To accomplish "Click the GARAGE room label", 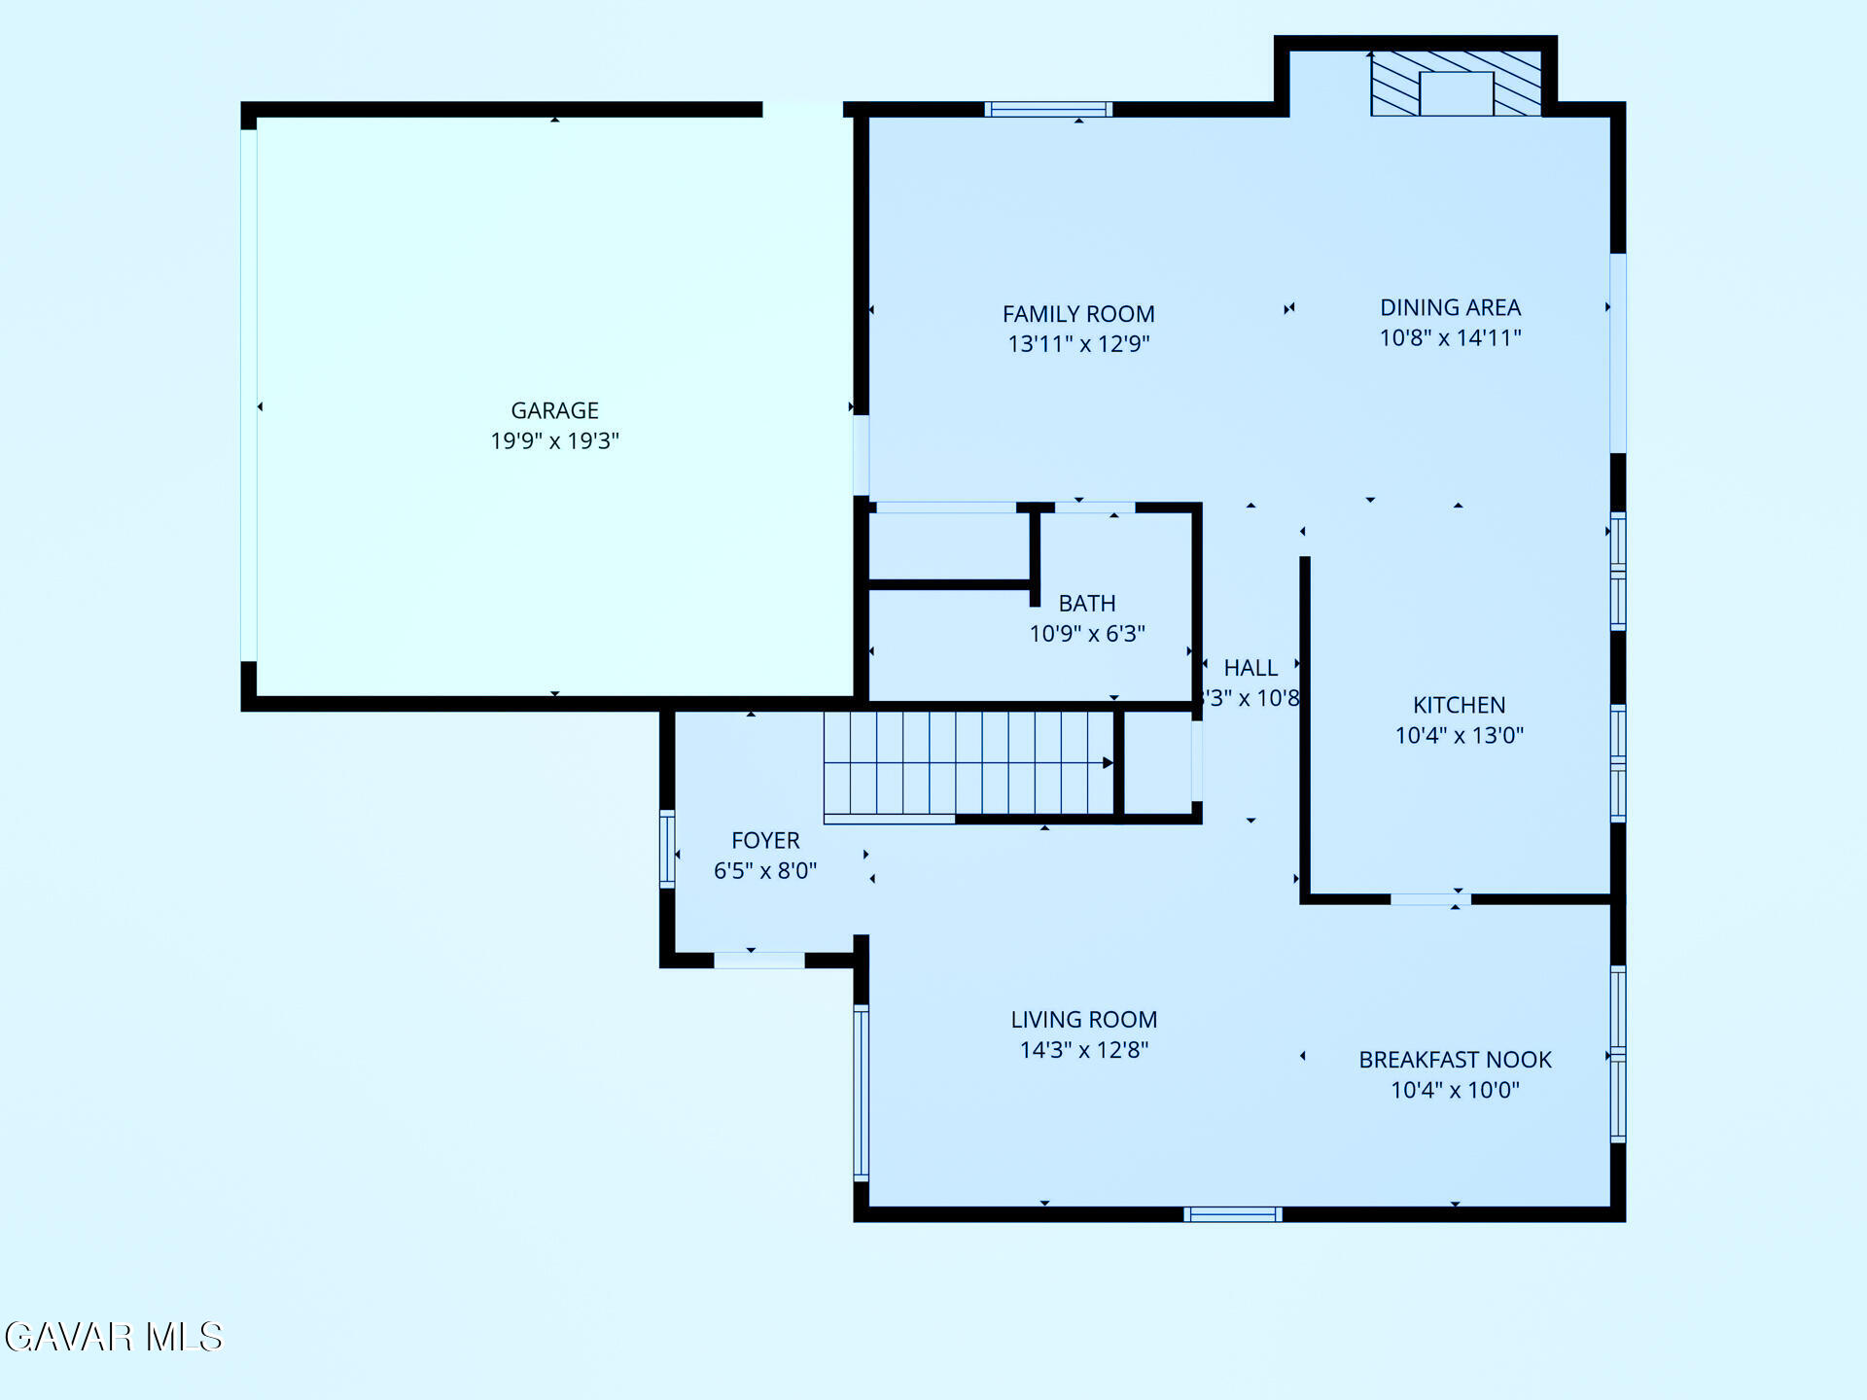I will click(554, 410).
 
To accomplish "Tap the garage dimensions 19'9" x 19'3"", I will click(554, 441).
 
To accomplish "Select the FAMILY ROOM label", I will click(1078, 314).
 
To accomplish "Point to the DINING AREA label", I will click(1450, 307).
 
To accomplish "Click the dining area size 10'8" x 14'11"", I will click(1450, 338).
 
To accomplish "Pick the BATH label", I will click(1087, 603).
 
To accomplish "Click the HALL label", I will click(1251, 668).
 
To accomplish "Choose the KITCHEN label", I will click(1459, 705).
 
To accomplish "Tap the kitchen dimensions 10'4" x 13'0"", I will click(1459, 736).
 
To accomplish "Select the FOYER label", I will click(765, 840).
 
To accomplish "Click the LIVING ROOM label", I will click(1083, 1019).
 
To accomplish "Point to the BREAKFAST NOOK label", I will click(1455, 1060).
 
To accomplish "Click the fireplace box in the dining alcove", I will click(1456, 93).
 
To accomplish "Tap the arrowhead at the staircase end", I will click(1107, 763).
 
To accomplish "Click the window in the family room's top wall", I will click(1048, 109).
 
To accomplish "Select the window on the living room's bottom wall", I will click(1232, 1214).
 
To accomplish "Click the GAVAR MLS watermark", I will click(114, 1337).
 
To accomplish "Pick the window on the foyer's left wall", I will click(667, 849).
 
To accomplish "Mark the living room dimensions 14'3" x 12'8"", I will click(1083, 1050).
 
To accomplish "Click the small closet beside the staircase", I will click(1158, 763).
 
